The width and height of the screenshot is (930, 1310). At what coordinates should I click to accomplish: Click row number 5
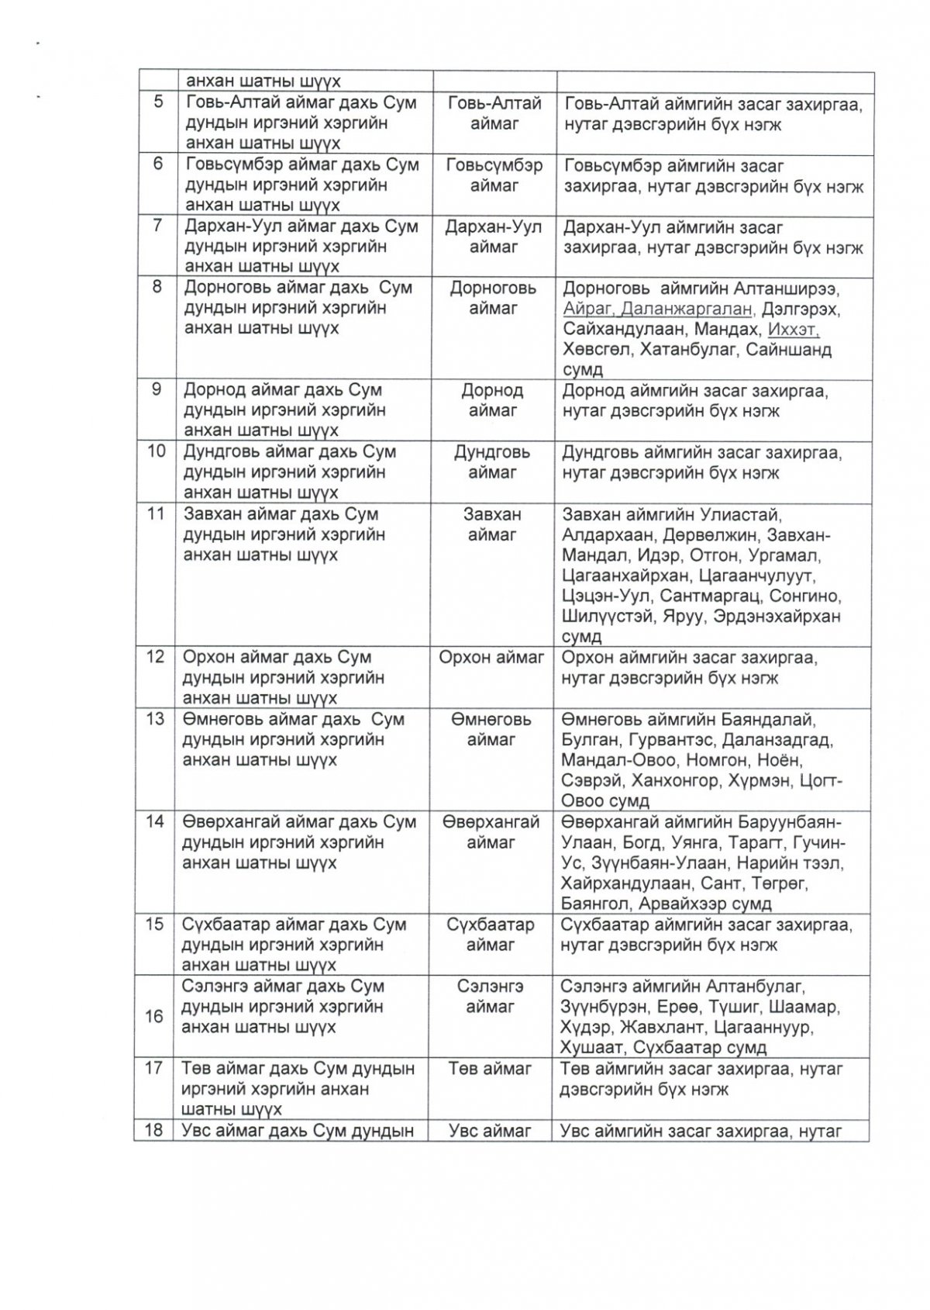click(x=158, y=102)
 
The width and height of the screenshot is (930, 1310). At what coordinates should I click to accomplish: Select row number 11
click(x=157, y=514)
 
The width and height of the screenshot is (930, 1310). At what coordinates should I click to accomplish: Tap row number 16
click(x=155, y=1016)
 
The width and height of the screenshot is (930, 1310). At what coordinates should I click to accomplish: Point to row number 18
click(x=154, y=1129)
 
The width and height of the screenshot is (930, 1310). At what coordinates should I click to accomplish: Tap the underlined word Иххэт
click(x=794, y=329)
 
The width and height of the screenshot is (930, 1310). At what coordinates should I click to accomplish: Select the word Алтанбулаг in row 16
click(x=756, y=987)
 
